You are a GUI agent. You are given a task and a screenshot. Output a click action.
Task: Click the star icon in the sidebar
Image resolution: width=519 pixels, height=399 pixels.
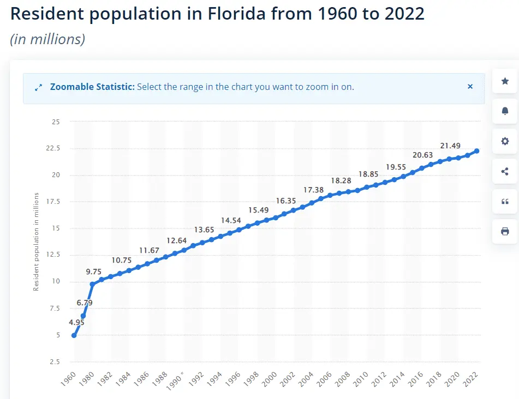pos(505,81)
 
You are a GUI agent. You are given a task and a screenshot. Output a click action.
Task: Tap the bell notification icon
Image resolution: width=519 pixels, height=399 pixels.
pos(505,111)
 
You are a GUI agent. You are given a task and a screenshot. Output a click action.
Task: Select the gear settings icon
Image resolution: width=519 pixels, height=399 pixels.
pos(505,141)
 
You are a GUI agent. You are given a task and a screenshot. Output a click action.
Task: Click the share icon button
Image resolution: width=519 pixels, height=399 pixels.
pos(505,172)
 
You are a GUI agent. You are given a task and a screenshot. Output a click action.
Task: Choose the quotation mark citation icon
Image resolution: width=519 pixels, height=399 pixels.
pos(505,202)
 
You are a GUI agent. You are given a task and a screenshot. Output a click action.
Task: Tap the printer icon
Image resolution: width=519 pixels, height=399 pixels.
pos(505,232)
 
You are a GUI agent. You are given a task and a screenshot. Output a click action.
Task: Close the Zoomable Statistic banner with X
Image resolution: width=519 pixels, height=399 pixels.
pos(470,87)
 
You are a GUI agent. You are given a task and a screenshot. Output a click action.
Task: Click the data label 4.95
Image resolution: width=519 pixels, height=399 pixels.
pos(76,322)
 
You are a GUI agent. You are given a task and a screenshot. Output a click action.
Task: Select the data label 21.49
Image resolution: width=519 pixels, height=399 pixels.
pos(450,146)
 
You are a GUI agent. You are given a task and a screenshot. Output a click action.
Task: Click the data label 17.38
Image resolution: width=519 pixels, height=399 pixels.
pos(313,190)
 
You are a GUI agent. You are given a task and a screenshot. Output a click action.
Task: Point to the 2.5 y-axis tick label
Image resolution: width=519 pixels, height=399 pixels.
pos(55,361)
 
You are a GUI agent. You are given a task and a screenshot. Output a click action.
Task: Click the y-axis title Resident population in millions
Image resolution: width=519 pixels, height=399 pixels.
pos(37,241)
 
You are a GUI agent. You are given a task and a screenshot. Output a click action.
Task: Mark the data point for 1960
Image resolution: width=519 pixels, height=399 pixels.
pos(74,335)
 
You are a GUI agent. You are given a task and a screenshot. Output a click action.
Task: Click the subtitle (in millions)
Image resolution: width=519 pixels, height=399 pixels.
pos(47,40)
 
